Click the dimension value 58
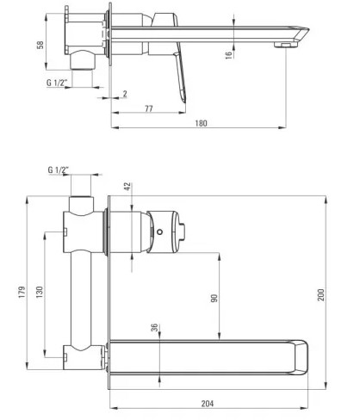click(x=40, y=45)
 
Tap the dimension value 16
click(x=228, y=55)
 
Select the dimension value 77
click(x=149, y=108)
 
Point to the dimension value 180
click(x=201, y=123)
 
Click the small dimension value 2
click(x=125, y=94)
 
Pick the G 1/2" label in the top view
click(x=57, y=83)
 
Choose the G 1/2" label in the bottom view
click(x=59, y=170)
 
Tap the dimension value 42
click(x=128, y=186)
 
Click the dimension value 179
click(x=22, y=292)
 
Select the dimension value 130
click(x=40, y=292)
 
